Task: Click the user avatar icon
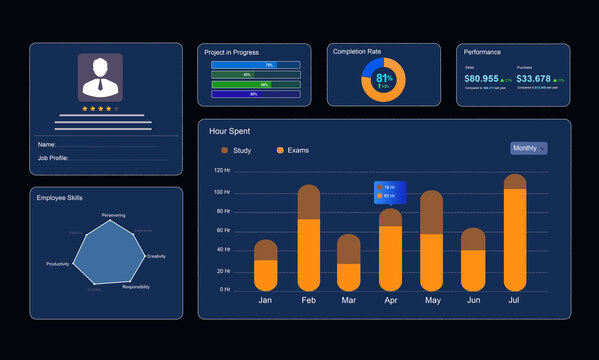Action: click(100, 76)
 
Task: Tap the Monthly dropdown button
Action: click(528, 148)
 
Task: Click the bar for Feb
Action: click(309, 238)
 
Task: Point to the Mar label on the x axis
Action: click(348, 300)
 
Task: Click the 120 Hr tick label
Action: click(221, 171)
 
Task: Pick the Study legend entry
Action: click(236, 150)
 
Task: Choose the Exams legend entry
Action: click(292, 150)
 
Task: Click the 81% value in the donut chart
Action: click(384, 78)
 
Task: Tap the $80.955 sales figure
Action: click(482, 78)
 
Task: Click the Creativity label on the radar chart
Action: click(156, 256)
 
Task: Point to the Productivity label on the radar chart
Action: click(58, 264)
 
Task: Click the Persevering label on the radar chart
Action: click(113, 215)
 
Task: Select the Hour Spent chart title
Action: click(229, 131)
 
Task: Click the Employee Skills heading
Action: click(59, 198)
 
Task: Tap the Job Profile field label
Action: click(53, 158)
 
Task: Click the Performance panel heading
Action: click(482, 52)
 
